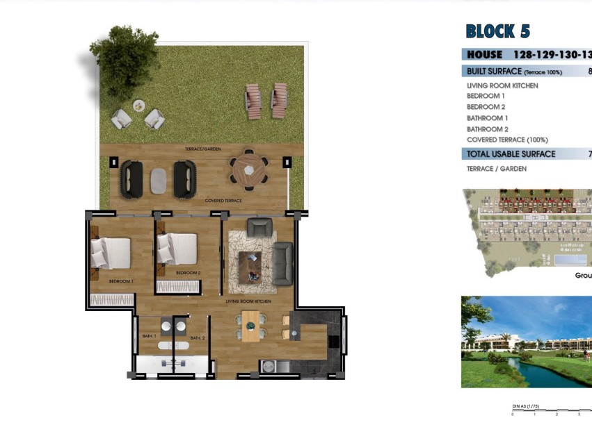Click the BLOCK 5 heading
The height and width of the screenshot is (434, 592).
click(497, 31)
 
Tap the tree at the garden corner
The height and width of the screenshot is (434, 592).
click(125, 52)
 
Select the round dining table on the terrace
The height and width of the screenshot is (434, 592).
click(248, 168)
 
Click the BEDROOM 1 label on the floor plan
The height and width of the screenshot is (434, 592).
click(121, 281)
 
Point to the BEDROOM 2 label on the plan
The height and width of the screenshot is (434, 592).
click(188, 274)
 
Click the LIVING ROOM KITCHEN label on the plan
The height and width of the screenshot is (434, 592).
click(248, 301)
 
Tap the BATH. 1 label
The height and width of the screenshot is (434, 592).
click(148, 336)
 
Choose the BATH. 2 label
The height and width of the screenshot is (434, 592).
click(198, 338)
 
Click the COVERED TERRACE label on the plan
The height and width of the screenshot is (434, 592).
click(223, 201)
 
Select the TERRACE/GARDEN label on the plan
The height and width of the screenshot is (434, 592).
click(202, 149)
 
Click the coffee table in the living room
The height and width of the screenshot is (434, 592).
click(251, 267)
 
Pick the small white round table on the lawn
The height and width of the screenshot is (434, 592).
click(139, 106)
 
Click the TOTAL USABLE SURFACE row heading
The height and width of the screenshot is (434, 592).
click(511, 154)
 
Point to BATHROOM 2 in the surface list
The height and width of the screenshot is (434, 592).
click(488, 129)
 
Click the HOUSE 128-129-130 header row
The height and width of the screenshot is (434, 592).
click(527, 54)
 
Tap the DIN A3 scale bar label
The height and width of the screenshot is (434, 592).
click(525, 406)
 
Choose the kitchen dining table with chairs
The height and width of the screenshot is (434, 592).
click(251, 325)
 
